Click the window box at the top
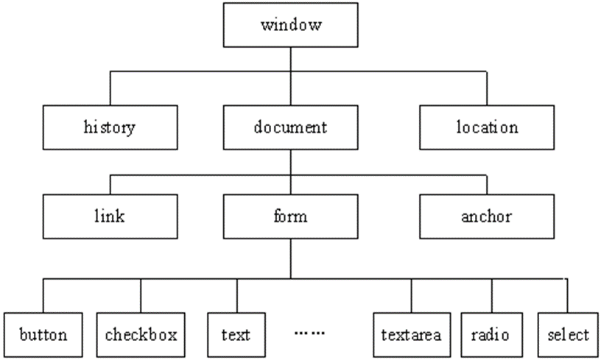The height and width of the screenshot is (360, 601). point(291,27)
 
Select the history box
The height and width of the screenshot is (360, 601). point(110,127)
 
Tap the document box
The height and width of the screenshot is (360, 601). point(290,127)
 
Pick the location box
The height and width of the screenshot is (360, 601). point(486,127)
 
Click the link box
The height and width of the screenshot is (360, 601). point(110,217)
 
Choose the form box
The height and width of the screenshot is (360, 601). point(290,217)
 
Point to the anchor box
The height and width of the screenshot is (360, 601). point(486,217)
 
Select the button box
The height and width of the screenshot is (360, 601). point(43,335)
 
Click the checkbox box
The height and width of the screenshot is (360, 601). point(141,335)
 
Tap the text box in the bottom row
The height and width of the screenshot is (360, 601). point(236,335)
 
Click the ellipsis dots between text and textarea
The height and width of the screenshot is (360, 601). point(309,333)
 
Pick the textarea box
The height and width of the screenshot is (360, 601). point(411,335)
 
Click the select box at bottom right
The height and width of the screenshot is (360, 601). point(568,335)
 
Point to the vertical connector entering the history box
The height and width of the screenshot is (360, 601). point(110,89)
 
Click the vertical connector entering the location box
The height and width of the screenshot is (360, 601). point(486,89)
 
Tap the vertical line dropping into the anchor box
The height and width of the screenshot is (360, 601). point(486,184)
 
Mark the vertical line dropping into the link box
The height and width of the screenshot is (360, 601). point(110,184)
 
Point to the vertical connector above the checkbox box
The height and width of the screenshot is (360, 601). point(141,296)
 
